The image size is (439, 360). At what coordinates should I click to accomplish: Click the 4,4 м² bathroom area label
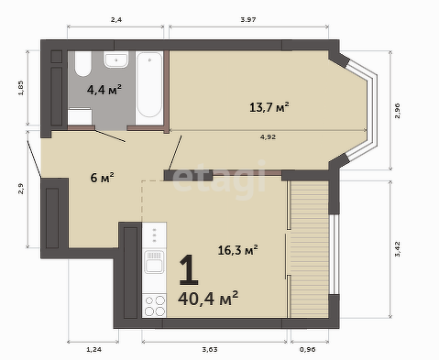104,90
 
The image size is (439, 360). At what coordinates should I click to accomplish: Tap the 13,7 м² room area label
269,107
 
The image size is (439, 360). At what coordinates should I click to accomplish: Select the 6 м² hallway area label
102,177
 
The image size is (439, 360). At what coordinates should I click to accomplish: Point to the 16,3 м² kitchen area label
237,250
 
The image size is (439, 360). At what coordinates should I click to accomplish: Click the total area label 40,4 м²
208,298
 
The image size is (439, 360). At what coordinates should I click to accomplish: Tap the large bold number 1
189,270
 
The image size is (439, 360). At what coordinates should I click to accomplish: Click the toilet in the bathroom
82,63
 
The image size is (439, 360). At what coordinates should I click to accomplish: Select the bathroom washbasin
115,60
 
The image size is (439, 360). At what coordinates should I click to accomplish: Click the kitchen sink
154,262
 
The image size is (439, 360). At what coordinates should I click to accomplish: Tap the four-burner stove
154,306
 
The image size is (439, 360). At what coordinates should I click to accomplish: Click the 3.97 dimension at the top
248,20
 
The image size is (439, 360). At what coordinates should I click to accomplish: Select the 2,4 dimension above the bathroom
116,20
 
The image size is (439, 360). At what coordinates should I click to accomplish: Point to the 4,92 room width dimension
268,137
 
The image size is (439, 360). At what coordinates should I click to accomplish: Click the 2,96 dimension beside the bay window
397,111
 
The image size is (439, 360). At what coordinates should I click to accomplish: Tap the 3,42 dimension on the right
397,249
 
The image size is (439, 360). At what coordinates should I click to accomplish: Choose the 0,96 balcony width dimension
308,350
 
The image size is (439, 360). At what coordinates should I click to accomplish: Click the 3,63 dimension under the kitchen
210,350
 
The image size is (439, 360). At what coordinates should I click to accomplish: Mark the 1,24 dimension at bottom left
93,350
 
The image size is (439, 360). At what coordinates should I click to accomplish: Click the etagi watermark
219,180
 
